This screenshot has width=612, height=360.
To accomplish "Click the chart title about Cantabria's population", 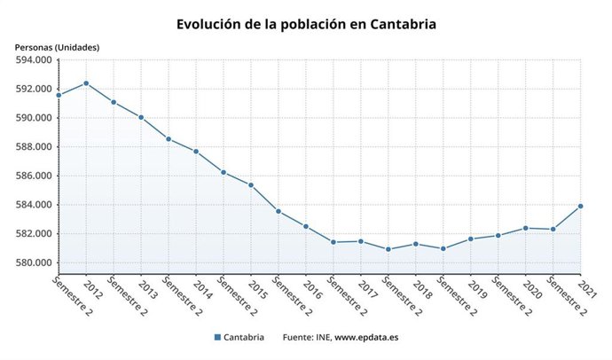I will point(306,24).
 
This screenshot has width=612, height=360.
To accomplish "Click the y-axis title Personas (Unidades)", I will point(57,46).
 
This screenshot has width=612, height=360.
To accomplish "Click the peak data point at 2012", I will point(86,83).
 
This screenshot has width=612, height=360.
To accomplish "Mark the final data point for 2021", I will point(581,206).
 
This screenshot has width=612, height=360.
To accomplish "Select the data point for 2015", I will point(251,185).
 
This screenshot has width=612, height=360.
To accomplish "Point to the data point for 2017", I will point(361,241).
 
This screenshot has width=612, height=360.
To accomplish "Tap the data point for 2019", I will point(470,239).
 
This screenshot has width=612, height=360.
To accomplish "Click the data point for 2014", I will point(196,152).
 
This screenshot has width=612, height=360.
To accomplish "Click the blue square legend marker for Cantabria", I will point(217,338).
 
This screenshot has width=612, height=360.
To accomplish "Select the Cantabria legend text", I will point(244,338).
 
